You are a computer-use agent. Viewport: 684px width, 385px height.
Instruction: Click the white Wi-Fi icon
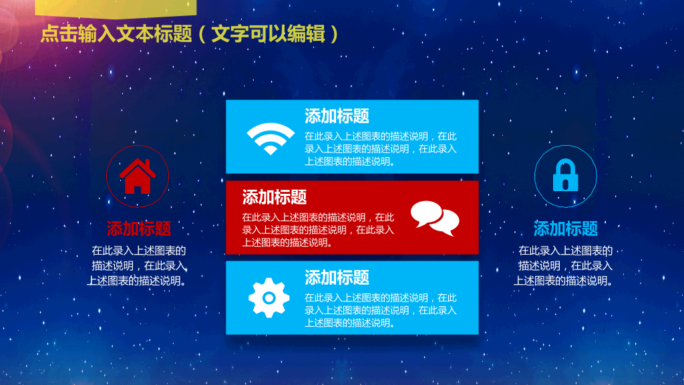click(x=271, y=138)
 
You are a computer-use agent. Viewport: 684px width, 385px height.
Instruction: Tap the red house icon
click(x=138, y=176)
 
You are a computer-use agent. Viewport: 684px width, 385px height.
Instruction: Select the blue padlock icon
click(x=565, y=175)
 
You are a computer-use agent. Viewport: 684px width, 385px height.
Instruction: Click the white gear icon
click(x=269, y=297)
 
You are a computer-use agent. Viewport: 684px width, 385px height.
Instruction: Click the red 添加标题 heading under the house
click(x=139, y=229)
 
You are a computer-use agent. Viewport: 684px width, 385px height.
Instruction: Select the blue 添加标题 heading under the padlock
click(x=565, y=229)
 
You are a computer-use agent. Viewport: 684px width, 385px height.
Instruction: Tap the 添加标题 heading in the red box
click(x=275, y=197)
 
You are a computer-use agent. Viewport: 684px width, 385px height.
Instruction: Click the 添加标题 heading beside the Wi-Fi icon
click(x=337, y=116)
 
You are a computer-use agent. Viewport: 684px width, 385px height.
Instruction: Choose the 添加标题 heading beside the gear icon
click(x=337, y=277)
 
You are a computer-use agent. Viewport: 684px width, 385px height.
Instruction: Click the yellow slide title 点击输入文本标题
click(x=116, y=33)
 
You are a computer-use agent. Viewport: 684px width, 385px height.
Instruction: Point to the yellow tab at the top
click(x=116, y=9)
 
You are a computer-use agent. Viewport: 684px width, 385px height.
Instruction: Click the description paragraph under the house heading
click(x=138, y=265)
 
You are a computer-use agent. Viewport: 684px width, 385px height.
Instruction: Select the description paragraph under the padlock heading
click(x=564, y=265)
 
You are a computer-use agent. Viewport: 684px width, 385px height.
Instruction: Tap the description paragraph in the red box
click(x=318, y=230)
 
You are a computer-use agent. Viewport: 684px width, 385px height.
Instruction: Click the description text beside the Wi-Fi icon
click(x=380, y=148)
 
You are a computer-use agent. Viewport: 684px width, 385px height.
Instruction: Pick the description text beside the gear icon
click(x=380, y=310)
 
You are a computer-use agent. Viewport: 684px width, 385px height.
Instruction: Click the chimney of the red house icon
click(x=148, y=164)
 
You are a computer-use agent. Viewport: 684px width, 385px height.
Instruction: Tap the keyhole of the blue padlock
click(x=565, y=183)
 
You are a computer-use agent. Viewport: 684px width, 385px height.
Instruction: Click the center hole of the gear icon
click(x=269, y=298)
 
